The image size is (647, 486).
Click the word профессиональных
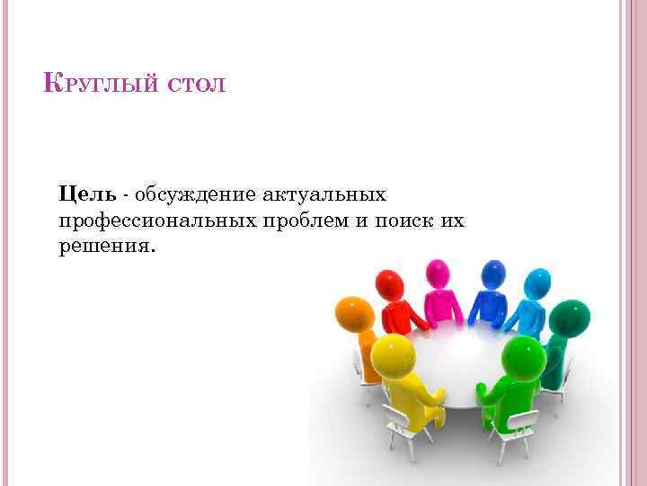tap(163, 220)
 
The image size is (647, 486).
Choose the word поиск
tap(401, 220)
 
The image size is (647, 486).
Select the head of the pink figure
tap(438, 273)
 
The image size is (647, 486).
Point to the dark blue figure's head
tap(493, 273)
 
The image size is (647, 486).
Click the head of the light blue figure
tap(537, 283)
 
